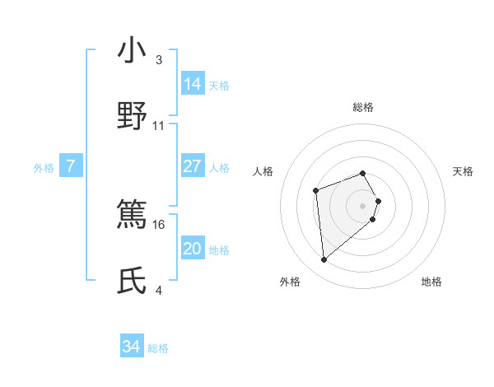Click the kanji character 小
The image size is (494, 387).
pyautogui.click(x=133, y=51)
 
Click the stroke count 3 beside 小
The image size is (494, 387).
pyautogui.click(x=159, y=60)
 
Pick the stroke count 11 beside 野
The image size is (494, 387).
pyautogui.click(x=159, y=125)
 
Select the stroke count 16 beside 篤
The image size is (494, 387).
pyautogui.click(x=160, y=224)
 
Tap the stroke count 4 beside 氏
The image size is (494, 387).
pyautogui.click(x=159, y=290)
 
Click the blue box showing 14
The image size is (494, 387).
pyautogui.click(x=193, y=84)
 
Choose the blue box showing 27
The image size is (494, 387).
pyautogui.click(x=193, y=166)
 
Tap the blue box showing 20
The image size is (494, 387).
pyautogui.click(x=193, y=249)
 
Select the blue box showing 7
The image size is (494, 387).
pyautogui.click(x=71, y=166)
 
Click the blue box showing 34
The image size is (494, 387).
pyautogui.click(x=132, y=347)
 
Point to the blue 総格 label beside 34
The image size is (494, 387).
pyautogui.click(x=158, y=348)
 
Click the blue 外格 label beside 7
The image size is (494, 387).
pyautogui.click(x=44, y=168)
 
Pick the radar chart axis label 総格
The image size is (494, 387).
pyautogui.click(x=362, y=107)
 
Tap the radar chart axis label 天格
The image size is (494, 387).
pyautogui.click(x=464, y=171)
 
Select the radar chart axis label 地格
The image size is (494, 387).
pyautogui.click(x=431, y=282)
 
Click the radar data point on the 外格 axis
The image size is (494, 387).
pyautogui.click(x=324, y=260)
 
